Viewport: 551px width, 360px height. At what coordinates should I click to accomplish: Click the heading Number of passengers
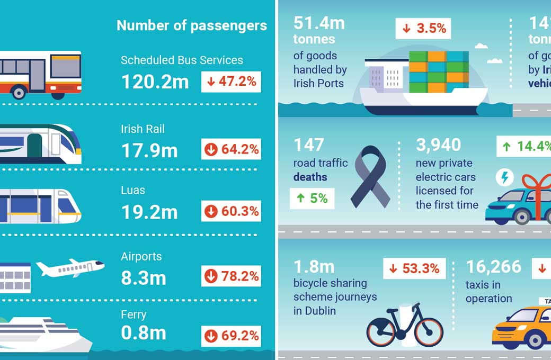pyautogui.click(x=191, y=25)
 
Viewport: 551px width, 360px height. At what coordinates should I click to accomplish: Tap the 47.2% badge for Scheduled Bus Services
pyautogui.click(x=232, y=82)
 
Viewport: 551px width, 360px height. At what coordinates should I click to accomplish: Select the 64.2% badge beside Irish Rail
pyautogui.click(x=232, y=150)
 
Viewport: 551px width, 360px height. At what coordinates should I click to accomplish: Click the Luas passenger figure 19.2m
pyautogui.click(x=149, y=212)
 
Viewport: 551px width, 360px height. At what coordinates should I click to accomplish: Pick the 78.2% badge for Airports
pyautogui.click(x=232, y=276)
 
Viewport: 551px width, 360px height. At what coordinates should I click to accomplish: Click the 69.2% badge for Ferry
pyautogui.click(x=232, y=335)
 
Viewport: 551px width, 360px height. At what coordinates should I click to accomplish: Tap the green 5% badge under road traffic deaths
pyautogui.click(x=312, y=199)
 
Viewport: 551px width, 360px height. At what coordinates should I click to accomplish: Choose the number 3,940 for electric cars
pyautogui.click(x=439, y=145)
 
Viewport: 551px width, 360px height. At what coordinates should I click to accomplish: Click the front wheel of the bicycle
pyautogui.click(x=428, y=331)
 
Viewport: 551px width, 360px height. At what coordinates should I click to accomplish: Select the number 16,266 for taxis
pyautogui.click(x=494, y=267)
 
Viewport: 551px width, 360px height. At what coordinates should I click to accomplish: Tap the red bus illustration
pyautogui.click(x=40, y=74)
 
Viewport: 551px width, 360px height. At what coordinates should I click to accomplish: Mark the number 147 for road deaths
pyautogui.click(x=309, y=145)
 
